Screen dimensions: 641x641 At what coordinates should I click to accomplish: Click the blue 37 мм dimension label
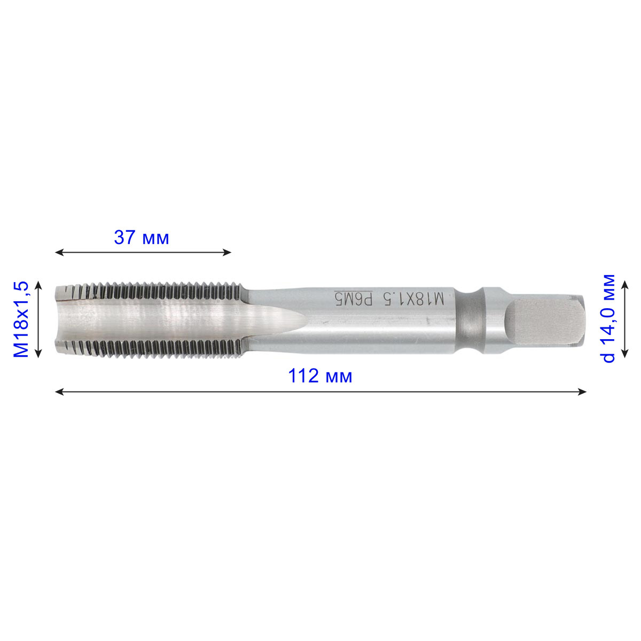[142, 238]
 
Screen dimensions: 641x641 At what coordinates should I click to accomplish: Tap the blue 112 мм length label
[319, 376]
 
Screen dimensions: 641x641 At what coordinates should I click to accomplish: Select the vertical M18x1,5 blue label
[21, 319]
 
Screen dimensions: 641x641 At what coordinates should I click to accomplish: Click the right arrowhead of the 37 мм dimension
[227, 253]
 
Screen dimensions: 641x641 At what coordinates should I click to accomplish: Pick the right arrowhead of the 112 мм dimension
[582, 392]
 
